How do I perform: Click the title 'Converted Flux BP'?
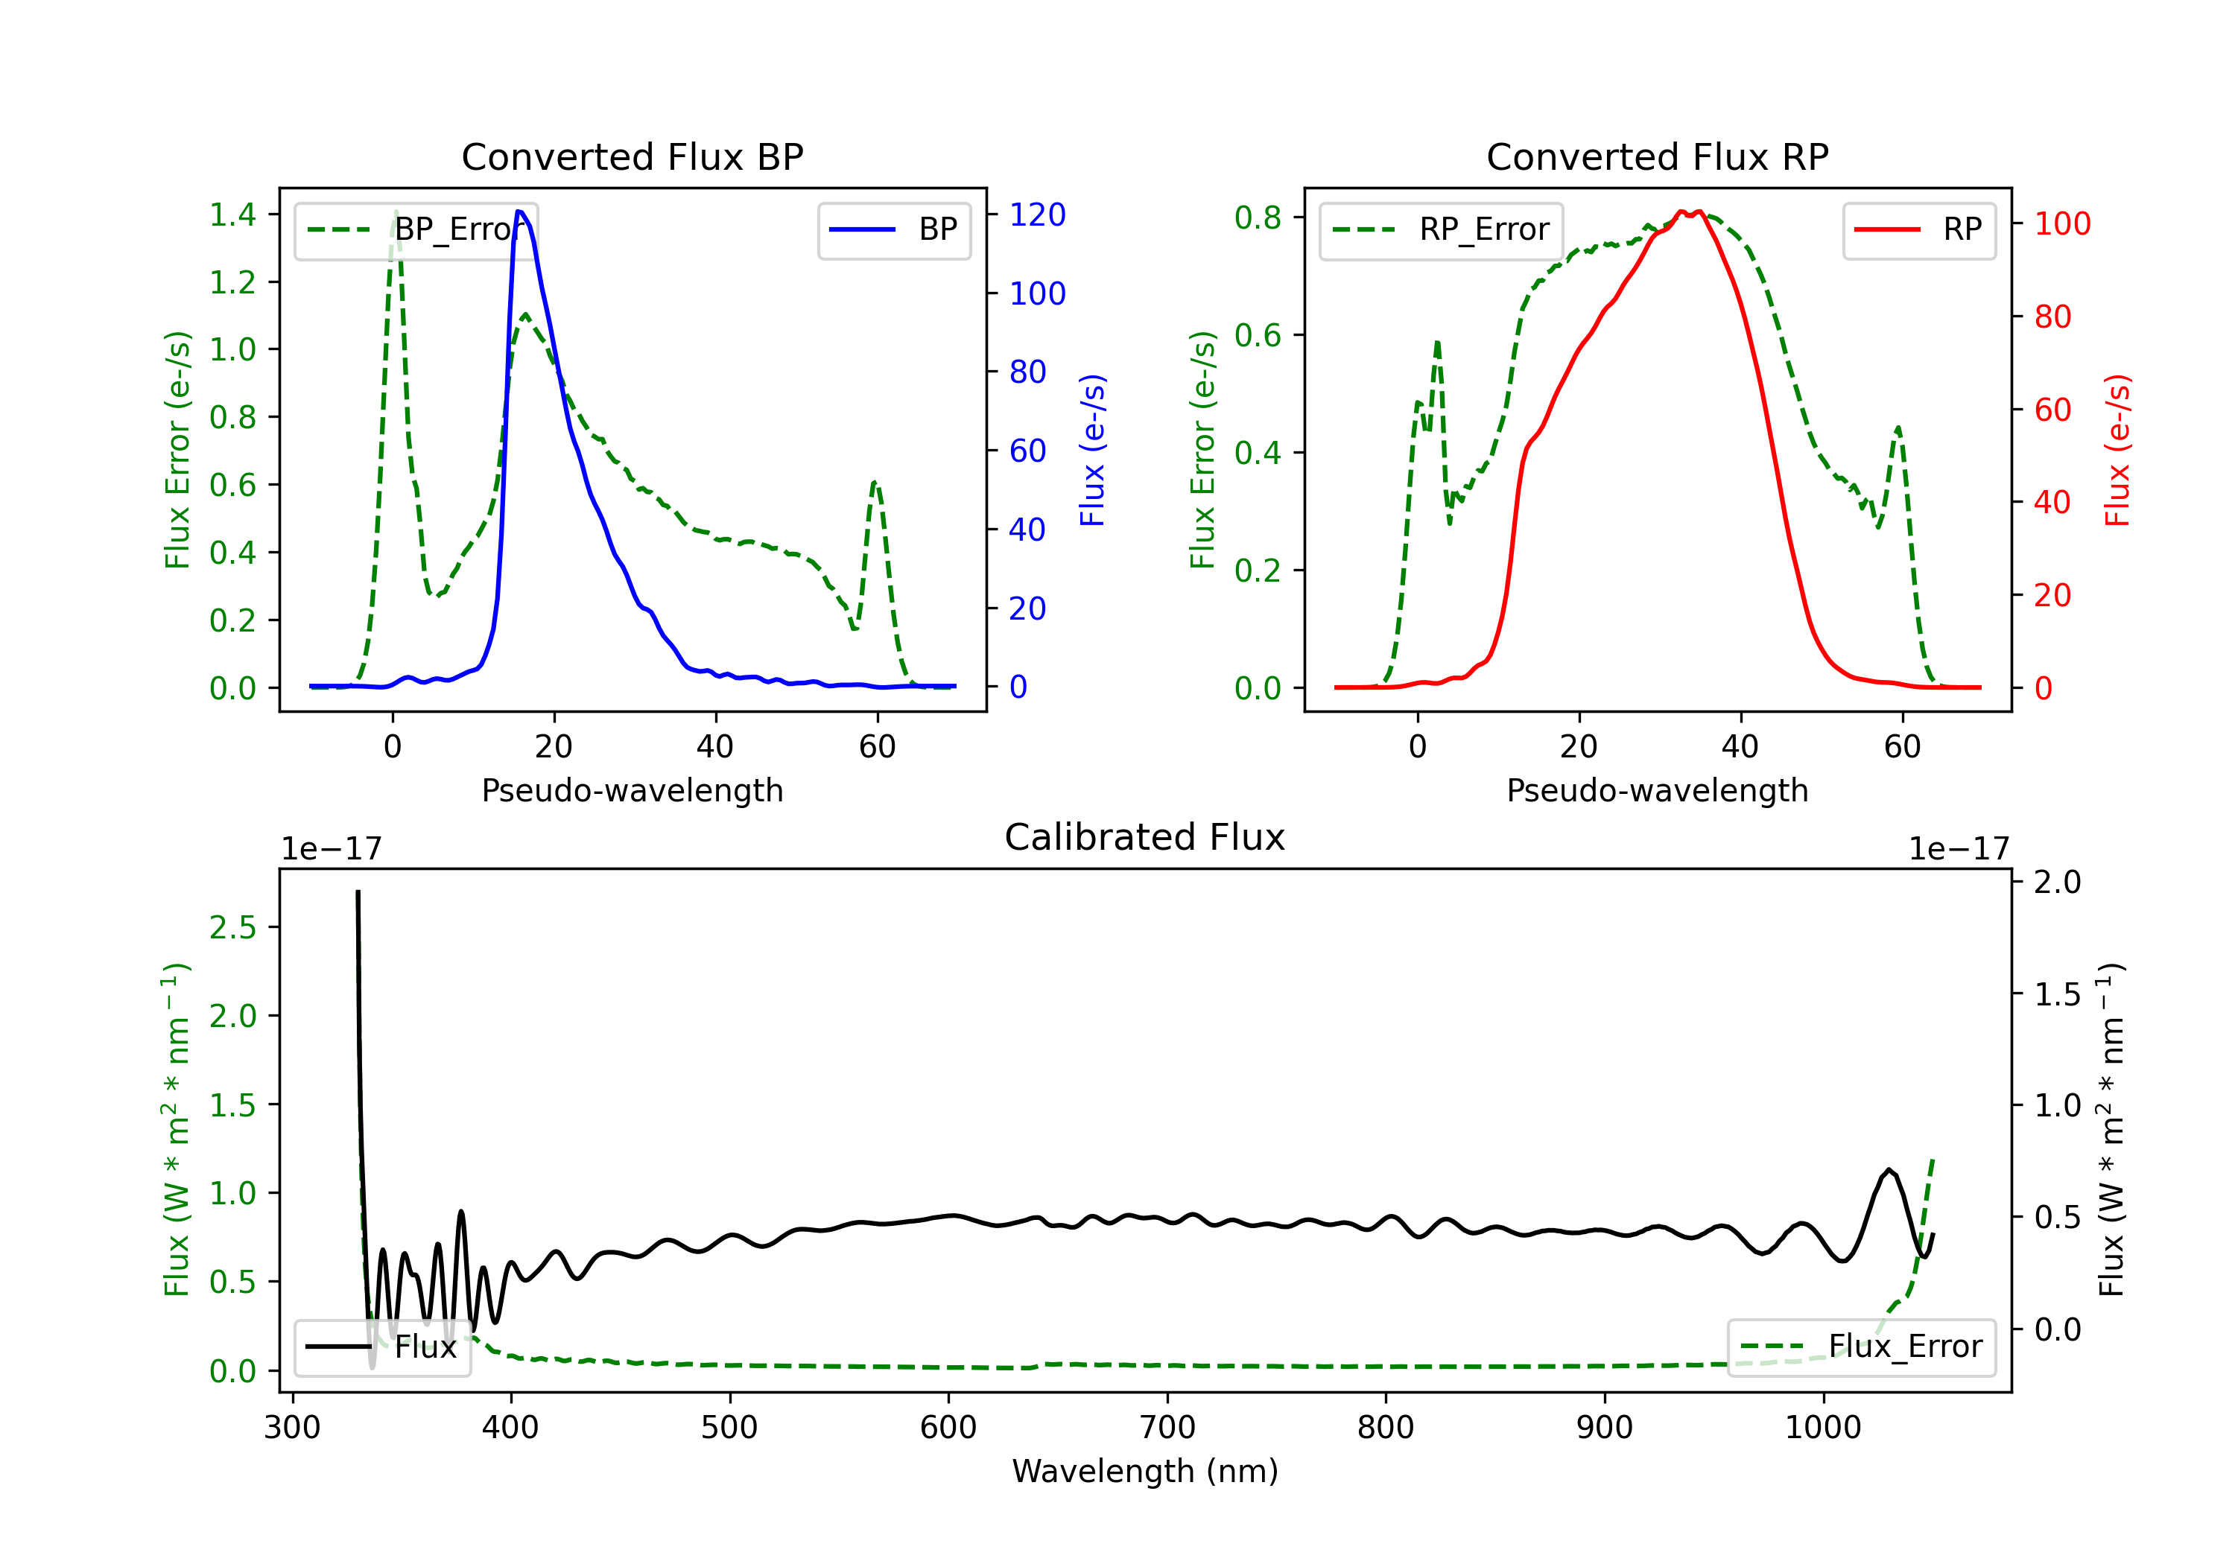pos(632,156)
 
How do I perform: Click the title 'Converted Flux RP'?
pos(1657,156)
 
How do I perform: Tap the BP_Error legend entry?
pos(416,229)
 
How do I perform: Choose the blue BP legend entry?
pos(893,229)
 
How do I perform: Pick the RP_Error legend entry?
pos(1441,229)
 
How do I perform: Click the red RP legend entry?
pos(1918,229)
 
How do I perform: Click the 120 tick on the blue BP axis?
pos(1037,214)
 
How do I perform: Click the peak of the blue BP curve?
pos(520,212)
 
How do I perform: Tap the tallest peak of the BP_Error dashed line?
pos(395,212)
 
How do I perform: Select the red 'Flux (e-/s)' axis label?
pos(2117,450)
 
